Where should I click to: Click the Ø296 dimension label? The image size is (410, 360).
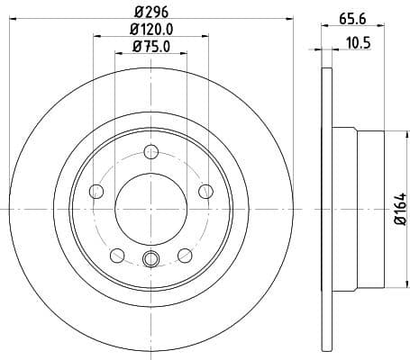click(x=150, y=12)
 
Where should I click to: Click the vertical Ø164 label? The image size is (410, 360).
click(x=400, y=206)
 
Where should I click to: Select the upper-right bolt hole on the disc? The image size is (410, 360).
click(x=205, y=190)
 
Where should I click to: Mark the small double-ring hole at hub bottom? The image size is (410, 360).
click(x=151, y=260)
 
